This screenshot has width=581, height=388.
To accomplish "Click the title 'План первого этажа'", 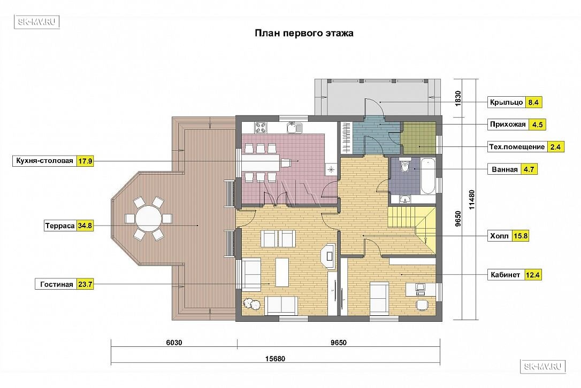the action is point(304,33).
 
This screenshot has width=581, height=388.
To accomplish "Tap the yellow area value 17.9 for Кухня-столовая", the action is point(85,161).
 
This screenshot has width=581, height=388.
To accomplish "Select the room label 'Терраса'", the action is point(60,226).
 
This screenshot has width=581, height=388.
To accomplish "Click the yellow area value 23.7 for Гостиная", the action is point(85,284).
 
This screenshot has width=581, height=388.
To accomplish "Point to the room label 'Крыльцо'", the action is point(506,102).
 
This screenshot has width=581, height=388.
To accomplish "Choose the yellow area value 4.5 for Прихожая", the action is point(537,125).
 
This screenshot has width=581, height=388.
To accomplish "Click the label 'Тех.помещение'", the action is point(517,146).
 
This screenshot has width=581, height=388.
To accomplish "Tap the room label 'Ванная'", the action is point(504,169).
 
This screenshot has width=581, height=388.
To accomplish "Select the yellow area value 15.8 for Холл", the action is point(520,236).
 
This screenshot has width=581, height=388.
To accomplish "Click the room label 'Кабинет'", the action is point(505,275).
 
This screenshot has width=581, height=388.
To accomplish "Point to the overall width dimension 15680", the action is point(275,359).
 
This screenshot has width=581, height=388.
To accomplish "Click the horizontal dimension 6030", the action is point(174,343).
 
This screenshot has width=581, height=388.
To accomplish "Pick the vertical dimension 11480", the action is point(471,199).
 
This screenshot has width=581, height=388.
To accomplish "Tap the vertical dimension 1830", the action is point(458,98).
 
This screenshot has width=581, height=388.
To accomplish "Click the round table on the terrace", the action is point(148,219).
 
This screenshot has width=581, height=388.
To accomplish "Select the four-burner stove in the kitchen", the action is point(261,128).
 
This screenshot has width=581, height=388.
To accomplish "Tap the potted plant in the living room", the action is point(251,304).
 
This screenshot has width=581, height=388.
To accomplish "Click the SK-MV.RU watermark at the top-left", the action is point(37,22).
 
